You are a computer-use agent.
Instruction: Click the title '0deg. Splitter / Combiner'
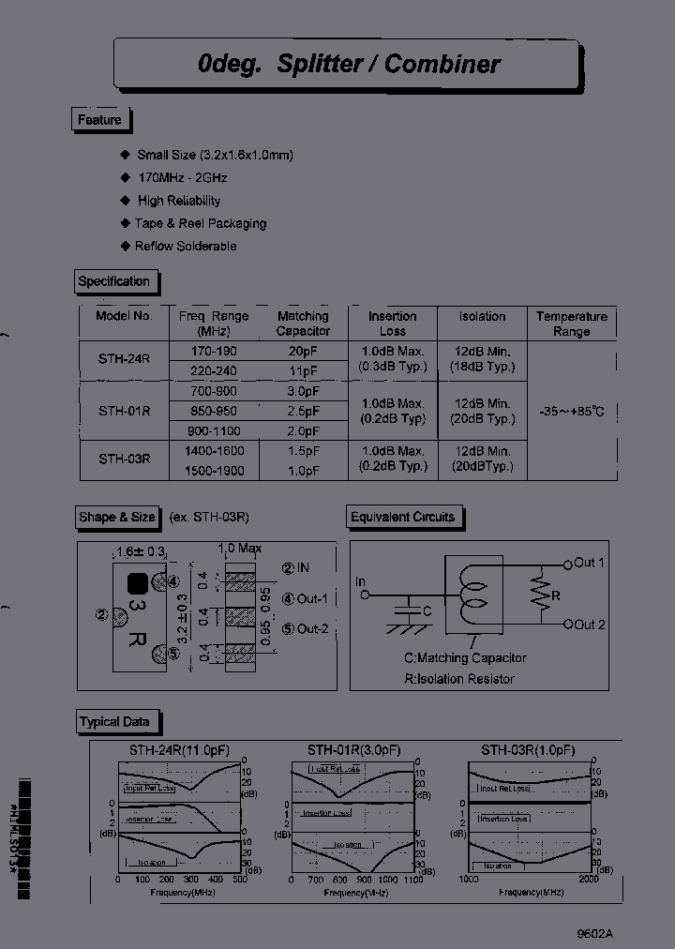[x=349, y=64]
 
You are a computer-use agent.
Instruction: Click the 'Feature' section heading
[x=99, y=120]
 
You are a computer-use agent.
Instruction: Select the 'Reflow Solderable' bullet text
[x=186, y=246]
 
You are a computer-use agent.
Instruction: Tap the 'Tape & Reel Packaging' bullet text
[x=201, y=223]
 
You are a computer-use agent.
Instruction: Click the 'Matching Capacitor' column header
[x=303, y=324]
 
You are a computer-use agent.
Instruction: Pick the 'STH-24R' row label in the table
[x=124, y=357]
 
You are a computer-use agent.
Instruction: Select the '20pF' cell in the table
[x=303, y=350]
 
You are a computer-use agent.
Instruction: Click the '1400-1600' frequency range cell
[x=213, y=451]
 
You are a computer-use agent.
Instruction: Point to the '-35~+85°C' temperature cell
[x=572, y=411]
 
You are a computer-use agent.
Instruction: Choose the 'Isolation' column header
[x=482, y=317]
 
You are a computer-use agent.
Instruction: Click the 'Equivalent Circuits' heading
[x=402, y=517]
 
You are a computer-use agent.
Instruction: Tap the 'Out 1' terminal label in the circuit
[x=589, y=563]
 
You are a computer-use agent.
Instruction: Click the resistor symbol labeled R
[x=538, y=594]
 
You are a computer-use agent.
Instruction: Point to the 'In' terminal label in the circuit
[x=360, y=582]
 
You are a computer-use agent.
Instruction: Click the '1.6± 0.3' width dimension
[x=140, y=551]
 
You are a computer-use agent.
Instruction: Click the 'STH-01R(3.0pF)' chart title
[x=354, y=750]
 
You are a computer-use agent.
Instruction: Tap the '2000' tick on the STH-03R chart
[x=587, y=879]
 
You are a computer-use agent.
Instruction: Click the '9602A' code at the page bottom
[x=594, y=933]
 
